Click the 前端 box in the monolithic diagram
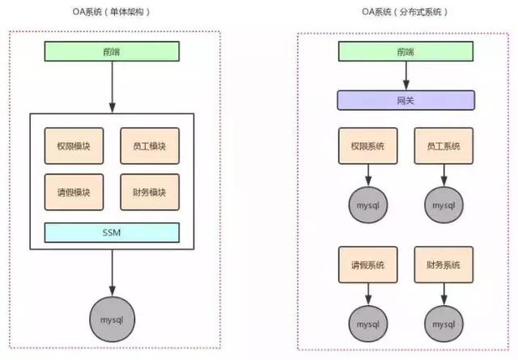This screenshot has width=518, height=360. [x=112, y=51]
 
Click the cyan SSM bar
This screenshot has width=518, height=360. [x=112, y=232]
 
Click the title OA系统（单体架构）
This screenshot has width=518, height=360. [x=111, y=11]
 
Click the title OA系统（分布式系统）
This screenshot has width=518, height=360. [x=405, y=11]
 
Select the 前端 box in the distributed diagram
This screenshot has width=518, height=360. [x=405, y=51]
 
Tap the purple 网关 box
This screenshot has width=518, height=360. [x=405, y=100]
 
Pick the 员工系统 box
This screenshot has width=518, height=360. [x=444, y=146]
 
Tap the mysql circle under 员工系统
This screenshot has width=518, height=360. [x=444, y=205]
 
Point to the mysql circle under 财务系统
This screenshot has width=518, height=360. [x=444, y=322]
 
